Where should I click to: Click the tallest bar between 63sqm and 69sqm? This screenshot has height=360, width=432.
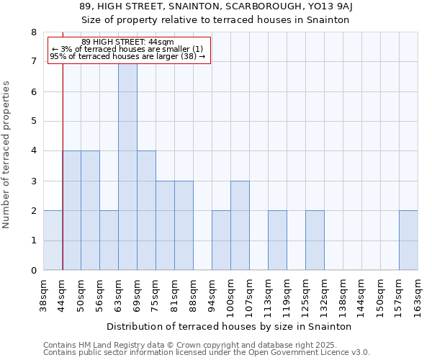tap(127, 166)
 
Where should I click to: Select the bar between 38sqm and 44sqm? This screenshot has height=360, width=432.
tap(53, 240)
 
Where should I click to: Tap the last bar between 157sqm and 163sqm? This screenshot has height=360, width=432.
tap(408, 240)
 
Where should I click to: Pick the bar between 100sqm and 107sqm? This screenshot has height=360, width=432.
tap(240, 225)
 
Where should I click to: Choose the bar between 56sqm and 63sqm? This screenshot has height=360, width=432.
tap(109, 240)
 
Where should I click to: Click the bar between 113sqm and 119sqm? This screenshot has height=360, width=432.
tap(277, 240)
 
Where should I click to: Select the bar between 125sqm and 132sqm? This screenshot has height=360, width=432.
tap(315, 240)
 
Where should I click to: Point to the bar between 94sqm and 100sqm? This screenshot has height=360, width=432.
tap(221, 240)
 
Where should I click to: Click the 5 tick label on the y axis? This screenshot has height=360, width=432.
tap(33, 122)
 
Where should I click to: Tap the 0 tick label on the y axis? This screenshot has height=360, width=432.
tap(33, 271)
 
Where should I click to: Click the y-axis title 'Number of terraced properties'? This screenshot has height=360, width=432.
tap(6, 154)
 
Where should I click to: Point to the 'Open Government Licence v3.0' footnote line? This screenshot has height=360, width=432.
tap(206, 353)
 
